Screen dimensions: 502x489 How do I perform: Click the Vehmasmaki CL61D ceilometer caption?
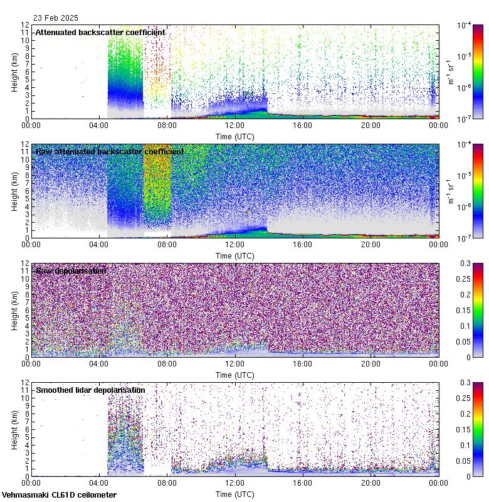pyautogui.click(x=59, y=495)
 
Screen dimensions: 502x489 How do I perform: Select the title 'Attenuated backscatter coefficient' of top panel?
pyautogui.click(x=100, y=32)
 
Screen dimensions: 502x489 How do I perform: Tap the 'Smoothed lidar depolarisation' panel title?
pyautogui.click(x=90, y=390)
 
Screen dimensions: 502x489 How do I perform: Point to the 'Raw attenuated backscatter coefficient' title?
pyautogui.click(x=110, y=151)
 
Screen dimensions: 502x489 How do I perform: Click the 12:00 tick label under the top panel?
pyautogui.click(x=235, y=125)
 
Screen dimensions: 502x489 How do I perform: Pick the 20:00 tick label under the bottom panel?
pyautogui.click(x=371, y=483)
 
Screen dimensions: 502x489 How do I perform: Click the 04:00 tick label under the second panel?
pyautogui.click(x=100, y=245)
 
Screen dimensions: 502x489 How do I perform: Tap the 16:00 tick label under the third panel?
pyautogui.click(x=303, y=364)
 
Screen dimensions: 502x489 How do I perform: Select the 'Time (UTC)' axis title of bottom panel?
pyautogui.click(x=235, y=494)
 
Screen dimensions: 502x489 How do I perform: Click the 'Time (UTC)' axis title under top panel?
pyautogui.click(x=235, y=136)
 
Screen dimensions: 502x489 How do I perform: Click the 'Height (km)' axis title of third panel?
pyautogui.click(x=14, y=310)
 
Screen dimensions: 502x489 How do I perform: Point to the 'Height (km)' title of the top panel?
pyautogui.click(x=14, y=72)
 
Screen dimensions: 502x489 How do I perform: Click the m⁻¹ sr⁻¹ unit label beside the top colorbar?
pyautogui.click(x=452, y=72)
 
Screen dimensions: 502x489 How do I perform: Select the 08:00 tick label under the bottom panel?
pyautogui.click(x=167, y=483)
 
